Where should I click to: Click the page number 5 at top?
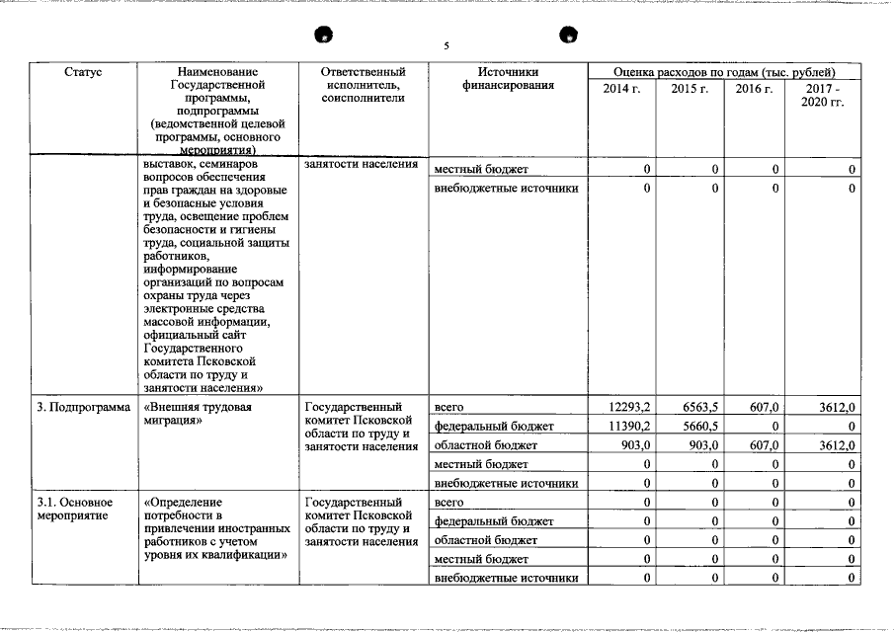pos(447,46)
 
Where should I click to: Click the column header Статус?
pos(83,73)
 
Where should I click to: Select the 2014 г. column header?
pos(621,90)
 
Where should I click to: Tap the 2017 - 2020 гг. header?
pos(822,96)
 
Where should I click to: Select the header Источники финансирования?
pos(508,79)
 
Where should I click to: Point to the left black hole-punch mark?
pos(321,37)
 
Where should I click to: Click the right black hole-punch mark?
pos(569,36)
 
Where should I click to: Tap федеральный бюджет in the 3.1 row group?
pos(494,521)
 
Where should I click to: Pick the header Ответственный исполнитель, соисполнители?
pos(364,86)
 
